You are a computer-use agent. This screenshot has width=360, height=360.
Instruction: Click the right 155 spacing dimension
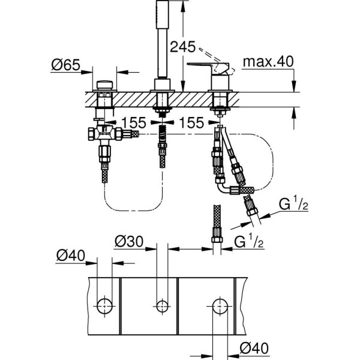click(192, 122)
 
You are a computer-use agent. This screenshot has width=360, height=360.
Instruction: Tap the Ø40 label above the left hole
click(70, 256)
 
